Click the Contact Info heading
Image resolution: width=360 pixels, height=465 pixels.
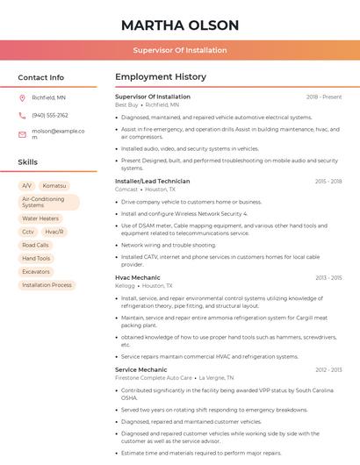pos(41,77)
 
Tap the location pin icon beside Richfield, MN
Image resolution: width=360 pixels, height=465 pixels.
pos(23,97)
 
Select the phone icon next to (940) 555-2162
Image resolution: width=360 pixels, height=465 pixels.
pos(23,115)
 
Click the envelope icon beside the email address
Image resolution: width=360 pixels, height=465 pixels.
pos(23,134)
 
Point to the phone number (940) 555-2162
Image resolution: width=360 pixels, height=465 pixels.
pos(50,115)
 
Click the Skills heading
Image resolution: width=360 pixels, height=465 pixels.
pos(28,162)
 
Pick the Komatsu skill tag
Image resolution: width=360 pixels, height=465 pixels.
pos(54,186)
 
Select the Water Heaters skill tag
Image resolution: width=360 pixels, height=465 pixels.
pos(40,218)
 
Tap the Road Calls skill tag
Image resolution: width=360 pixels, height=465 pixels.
pos(36,245)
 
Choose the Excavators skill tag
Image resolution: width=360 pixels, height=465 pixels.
pos(37,272)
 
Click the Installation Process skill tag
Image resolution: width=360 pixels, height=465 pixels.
pos(47,285)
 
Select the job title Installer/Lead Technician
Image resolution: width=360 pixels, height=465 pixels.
pos(152,181)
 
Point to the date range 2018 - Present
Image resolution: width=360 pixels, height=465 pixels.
pos(324,97)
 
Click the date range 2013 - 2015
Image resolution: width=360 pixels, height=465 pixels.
pos(328,277)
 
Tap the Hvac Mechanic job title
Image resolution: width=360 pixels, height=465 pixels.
pos(137,277)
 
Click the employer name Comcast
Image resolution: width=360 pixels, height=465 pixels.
pos(126,189)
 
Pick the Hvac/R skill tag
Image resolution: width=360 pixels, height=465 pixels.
pos(54,232)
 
